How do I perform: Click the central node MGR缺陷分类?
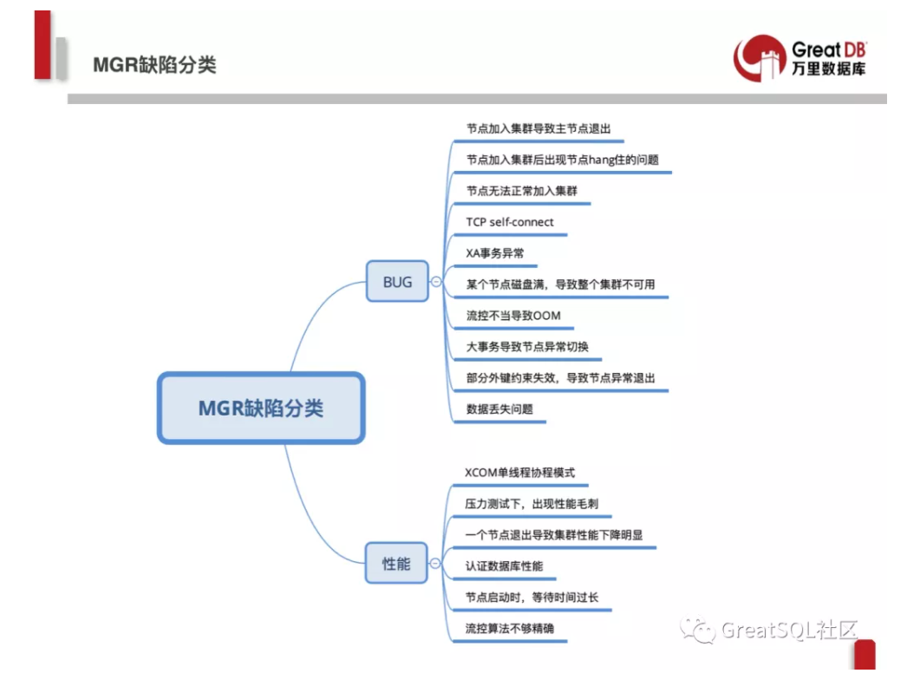click(260, 408)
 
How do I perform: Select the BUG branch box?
click(397, 281)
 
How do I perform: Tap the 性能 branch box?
click(396, 564)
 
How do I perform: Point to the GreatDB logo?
click(799, 58)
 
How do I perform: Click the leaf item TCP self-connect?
click(510, 222)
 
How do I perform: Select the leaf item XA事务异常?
click(495, 253)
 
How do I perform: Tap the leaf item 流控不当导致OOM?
click(513, 316)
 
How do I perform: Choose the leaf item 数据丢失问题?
click(499, 409)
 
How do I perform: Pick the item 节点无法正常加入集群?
click(521, 191)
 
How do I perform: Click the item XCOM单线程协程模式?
click(519, 473)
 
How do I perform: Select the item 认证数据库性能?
click(504, 566)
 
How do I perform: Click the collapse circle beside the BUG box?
click(436, 282)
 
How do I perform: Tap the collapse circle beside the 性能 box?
click(435, 565)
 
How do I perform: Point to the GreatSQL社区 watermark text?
click(776, 631)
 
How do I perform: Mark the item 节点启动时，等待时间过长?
click(532, 598)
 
